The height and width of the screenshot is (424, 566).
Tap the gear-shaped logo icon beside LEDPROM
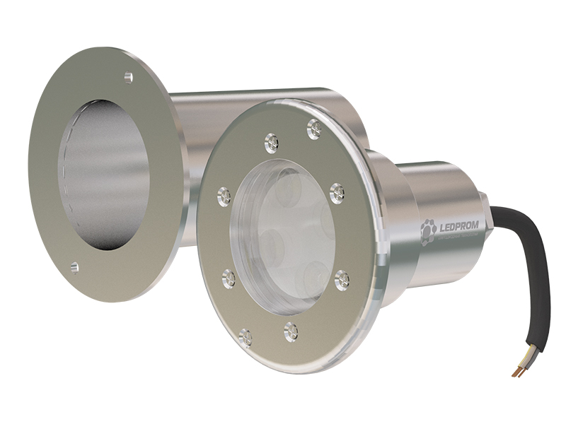tap(428, 231)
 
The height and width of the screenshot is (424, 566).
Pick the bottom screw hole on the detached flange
tap(75, 266)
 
